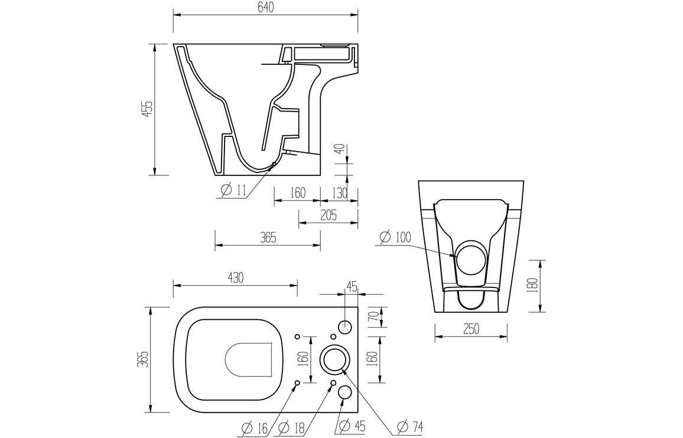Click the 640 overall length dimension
point(265,8)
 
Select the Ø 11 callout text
point(234,190)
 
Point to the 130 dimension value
point(339,192)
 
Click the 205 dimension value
point(328,215)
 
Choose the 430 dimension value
point(235,278)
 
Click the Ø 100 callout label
point(395,237)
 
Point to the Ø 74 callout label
point(409,426)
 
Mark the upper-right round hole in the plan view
point(346,326)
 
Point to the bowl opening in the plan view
point(248,359)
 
